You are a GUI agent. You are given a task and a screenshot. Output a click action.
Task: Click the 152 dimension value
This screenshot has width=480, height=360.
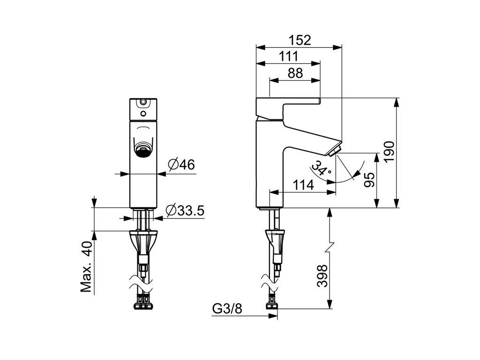click(300, 40)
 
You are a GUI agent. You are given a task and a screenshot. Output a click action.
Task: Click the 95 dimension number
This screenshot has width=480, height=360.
click(370, 179)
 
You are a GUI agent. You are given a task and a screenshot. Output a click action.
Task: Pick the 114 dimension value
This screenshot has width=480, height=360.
click(303, 185)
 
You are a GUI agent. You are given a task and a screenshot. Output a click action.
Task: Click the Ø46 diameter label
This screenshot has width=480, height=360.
click(182, 165)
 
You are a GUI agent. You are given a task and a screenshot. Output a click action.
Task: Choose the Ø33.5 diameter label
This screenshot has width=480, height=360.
click(185, 211)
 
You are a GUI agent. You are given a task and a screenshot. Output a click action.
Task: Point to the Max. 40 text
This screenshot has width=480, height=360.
click(85, 267)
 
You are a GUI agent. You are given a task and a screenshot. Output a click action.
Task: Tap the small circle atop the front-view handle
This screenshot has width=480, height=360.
click(143, 101)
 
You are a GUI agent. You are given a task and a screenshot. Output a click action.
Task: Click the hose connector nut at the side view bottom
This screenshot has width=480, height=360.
click(271, 306)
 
